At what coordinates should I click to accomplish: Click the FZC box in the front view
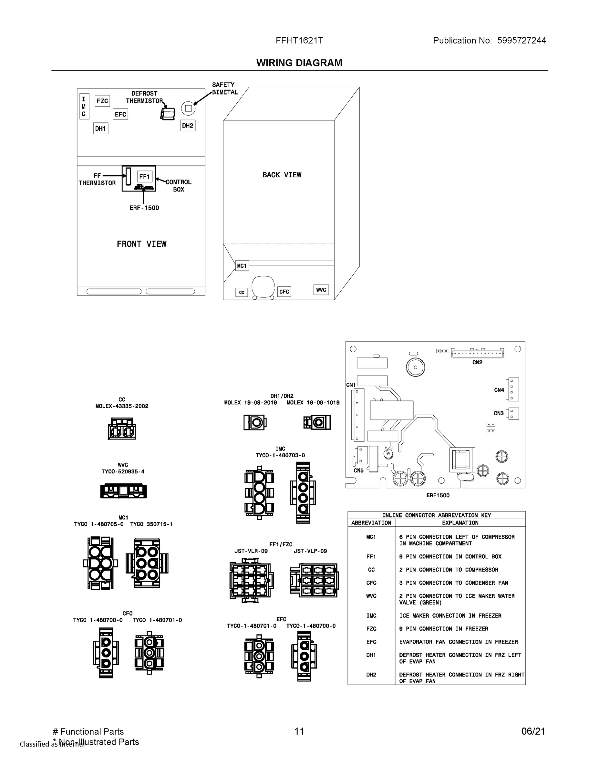pos(102,101)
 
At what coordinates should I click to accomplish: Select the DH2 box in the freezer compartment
pos(188,126)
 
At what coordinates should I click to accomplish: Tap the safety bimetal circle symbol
pos(189,108)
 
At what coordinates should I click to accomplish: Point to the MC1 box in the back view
pos(242,266)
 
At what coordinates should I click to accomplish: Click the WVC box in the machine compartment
pos(321,290)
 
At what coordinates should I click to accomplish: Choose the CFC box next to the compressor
pos(284,292)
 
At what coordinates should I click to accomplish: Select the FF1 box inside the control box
pos(145,176)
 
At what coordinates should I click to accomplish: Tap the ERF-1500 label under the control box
pos(144,208)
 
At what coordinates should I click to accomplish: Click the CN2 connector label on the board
pos(477,362)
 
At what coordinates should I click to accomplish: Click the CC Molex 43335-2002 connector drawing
pos(122,429)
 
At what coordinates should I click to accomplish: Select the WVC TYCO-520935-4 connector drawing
pos(123,491)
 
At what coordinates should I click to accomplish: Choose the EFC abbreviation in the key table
pos(371,642)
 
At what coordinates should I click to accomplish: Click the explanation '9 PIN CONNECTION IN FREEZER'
pos(444,629)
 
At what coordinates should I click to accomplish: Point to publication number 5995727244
pos(521,40)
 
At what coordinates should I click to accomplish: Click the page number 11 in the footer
pos(299,731)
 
